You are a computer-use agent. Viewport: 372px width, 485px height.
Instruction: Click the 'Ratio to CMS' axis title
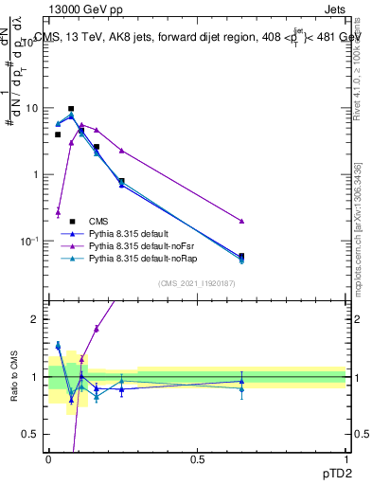(x=12, y=376)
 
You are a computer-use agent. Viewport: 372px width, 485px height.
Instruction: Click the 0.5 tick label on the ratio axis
(x=33, y=435)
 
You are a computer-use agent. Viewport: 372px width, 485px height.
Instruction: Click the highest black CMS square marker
(x=71, y=109)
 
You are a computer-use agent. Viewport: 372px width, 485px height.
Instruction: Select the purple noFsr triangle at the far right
(x=241, y=221)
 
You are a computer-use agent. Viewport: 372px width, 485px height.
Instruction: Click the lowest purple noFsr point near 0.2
(x=58, y=212)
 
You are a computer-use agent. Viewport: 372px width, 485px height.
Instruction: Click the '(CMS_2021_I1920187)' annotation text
(x=196, y=283)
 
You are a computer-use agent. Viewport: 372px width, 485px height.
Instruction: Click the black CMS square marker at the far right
(x=241, y=256)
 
